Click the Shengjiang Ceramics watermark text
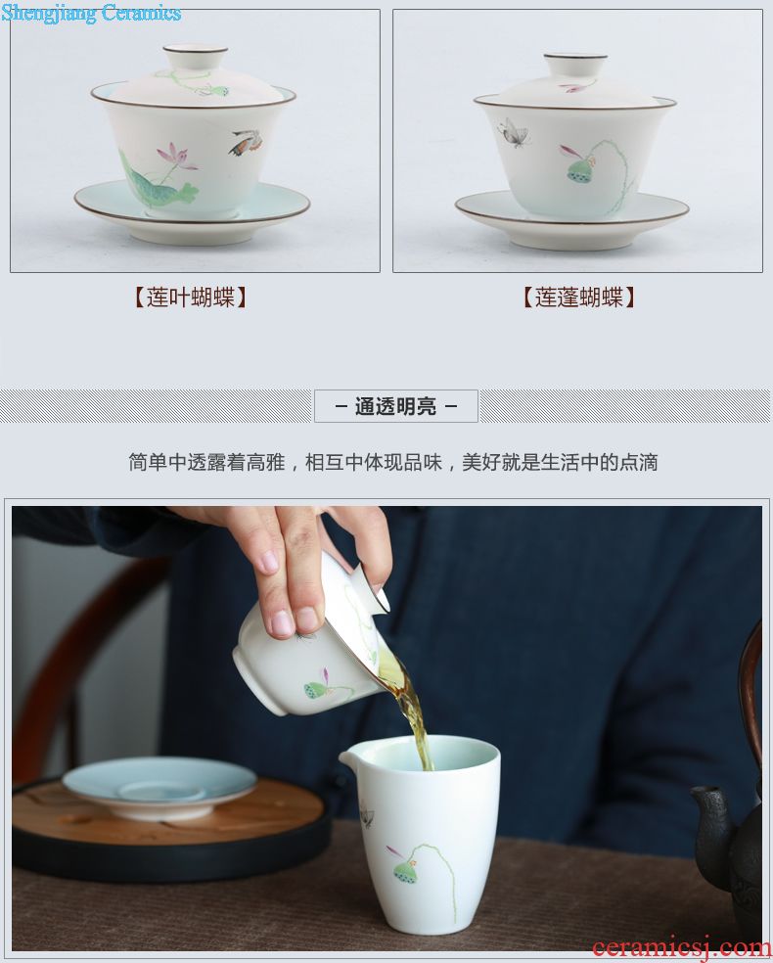91,13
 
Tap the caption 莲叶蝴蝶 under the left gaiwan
191,298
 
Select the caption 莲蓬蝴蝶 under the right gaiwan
578,298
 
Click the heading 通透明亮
396,406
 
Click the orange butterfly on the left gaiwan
247,143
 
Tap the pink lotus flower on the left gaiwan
174,156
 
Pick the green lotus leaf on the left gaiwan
158,183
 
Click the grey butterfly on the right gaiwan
513,133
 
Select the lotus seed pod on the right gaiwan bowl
580,169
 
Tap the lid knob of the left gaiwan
196,57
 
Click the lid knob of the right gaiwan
575,65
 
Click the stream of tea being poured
411,712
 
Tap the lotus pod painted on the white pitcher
405,870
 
